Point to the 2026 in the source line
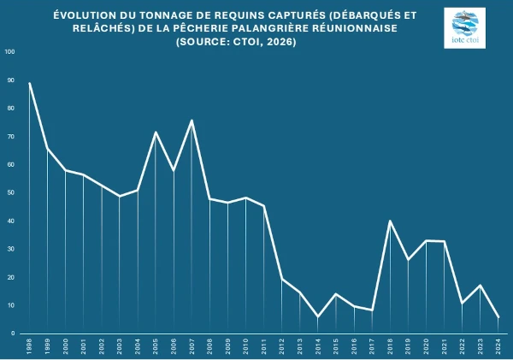coord(280,42)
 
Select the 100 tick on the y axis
coord(9,51)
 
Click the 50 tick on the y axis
coord(9,192)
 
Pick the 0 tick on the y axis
coord(12,333)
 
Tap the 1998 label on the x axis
coord(30,346)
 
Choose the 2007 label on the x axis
coord(192,346)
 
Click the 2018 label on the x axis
coord(390,346)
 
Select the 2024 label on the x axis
coord(498,346)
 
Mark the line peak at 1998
coord(30,83)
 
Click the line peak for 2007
coord(192,120)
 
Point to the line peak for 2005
coord(156,132)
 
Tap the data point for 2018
coord(390,221)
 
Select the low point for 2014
coord(318,316)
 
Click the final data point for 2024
coord(498,317)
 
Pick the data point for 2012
coord(282,279)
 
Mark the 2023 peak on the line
coord(480,285)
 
